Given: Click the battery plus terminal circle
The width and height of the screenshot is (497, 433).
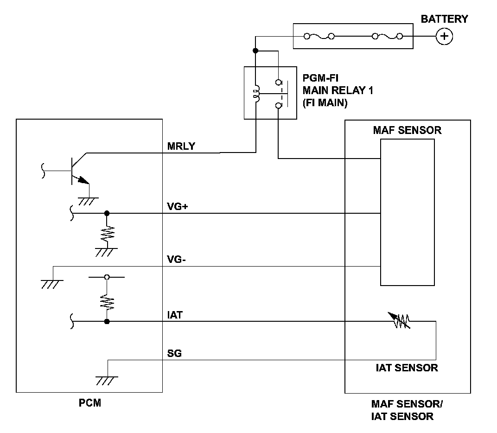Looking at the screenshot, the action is [x=444, y=36].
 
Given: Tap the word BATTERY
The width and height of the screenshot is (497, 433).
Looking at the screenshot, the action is [x=444, y=19].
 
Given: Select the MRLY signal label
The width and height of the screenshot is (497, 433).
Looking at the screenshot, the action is [x=181, y=146].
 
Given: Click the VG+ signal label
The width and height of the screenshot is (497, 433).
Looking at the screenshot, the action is [x=177, y=207].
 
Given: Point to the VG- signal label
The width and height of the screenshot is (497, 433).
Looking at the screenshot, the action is [x=176, y=260].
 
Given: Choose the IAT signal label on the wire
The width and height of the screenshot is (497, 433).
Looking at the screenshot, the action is [x=175, y=315].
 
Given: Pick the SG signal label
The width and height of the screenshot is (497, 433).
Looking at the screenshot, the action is [x=174, y=353].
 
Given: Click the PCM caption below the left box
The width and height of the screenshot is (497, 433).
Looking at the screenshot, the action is [x=89, y=403].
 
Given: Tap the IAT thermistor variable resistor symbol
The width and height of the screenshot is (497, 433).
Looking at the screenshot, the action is [x=400, y=321].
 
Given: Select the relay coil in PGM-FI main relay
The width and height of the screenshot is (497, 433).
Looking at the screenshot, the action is [x=256, y=94].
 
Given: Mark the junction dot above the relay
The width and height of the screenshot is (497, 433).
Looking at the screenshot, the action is [x=255, y=51].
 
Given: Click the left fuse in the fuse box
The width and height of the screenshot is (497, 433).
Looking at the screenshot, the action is [x=319, y=37].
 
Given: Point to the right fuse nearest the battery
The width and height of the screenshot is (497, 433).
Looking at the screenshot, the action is [x=387, y=37].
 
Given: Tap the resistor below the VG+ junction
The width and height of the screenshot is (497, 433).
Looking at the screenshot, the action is [x=108, y=234].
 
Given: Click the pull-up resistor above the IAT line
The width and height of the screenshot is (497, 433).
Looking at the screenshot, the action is [x=107, y=302].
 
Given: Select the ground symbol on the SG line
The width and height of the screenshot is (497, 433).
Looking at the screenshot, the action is [x=107, y=381].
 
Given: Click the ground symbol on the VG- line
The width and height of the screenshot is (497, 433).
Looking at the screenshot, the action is [x=52, y=284].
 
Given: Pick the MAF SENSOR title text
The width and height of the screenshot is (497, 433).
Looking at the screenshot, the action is [x=408, y=130].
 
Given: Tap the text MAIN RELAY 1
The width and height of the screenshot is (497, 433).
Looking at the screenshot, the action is [x=338, y=90].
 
